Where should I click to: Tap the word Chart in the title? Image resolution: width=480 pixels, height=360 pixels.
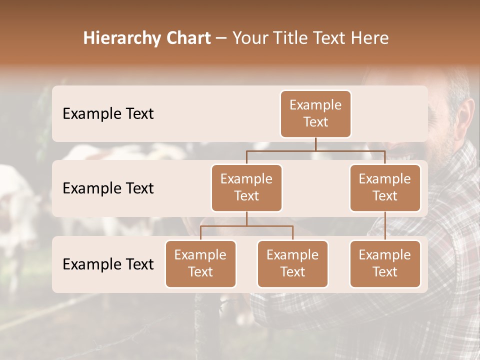tap(187, 38)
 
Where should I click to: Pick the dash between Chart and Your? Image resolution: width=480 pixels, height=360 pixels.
tap(221, 39)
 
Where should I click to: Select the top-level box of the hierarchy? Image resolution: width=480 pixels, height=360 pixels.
tap(315, 113)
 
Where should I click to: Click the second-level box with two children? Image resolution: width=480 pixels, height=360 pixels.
tap(246, 187)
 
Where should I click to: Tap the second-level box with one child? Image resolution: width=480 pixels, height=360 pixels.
tap(385, 187)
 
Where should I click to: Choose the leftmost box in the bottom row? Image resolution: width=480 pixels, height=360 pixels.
tap(200, 263)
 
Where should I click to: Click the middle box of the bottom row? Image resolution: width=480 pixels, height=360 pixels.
tap(292, 263)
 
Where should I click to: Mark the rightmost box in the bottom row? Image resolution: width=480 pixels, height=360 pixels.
tap(385, 263)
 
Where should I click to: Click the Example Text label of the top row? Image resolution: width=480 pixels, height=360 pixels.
tap(108, 113)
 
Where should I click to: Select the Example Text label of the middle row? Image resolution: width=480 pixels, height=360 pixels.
tap(108, 188)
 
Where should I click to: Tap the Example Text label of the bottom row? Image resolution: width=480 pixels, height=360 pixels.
tap(108, 264)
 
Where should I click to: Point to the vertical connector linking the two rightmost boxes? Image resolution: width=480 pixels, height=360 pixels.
tap(385, 226)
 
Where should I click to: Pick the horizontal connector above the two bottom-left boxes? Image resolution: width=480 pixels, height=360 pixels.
tap(246, 226)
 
